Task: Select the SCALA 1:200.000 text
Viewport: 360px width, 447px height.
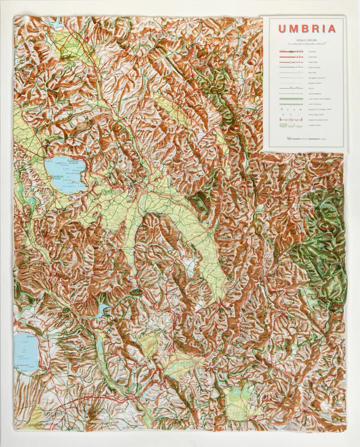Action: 302,40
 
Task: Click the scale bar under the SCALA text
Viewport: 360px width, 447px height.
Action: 302,45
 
